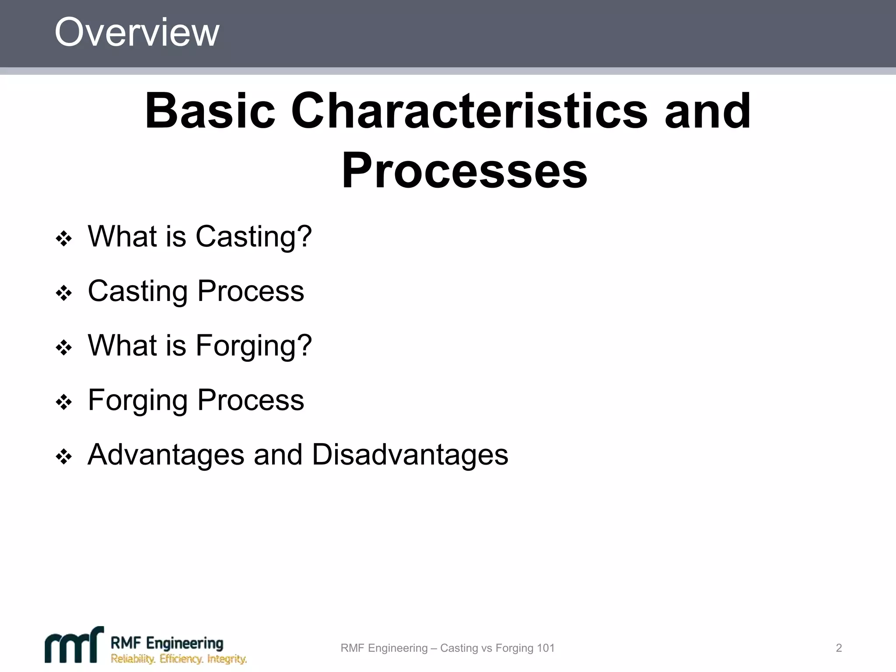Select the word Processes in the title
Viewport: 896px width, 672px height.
[464, 171]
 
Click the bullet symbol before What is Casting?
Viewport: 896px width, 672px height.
[64, 239]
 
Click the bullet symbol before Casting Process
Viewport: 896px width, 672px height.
[64, 293]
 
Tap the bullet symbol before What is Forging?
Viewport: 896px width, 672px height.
[64, 348]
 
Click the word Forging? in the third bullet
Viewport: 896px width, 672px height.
[254, 346]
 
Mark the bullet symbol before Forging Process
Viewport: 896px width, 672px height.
[64, 402]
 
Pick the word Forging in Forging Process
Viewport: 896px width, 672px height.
[138, 400]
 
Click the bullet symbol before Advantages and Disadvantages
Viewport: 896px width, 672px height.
[64, 457]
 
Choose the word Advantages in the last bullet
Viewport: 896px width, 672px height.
[166, 455]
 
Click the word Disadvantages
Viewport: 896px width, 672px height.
[410, 455]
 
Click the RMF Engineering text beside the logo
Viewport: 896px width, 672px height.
[167, 643]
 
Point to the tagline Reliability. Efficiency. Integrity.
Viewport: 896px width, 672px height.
[178, 659]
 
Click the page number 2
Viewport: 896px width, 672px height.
[839, 648]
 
